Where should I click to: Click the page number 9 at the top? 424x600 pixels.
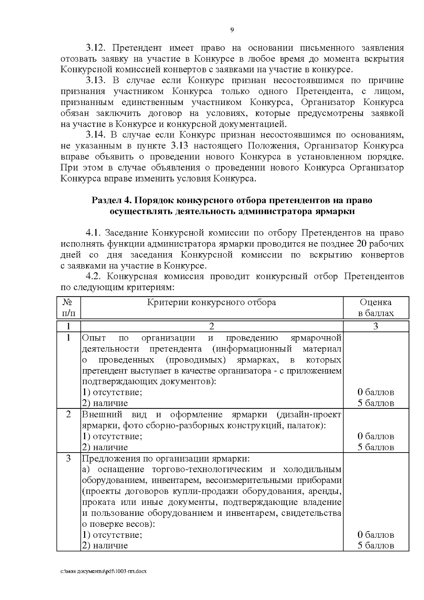(232, 30)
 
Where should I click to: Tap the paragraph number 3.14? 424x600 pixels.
(96, 135)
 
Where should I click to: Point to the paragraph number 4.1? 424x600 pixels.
(94, 233)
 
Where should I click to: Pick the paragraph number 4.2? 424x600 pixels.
(94, 276)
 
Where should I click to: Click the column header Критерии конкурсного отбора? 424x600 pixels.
(211, 302)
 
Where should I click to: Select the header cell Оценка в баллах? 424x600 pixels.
(376, 308)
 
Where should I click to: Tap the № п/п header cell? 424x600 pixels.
(69, 308)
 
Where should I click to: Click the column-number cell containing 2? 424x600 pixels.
(212, 326)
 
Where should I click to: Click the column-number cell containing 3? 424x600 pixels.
(376, 326)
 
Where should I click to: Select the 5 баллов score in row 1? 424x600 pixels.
(376, 403)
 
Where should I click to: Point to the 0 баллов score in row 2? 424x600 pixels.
(376, 436)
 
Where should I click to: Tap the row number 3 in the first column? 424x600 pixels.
(69, 459)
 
